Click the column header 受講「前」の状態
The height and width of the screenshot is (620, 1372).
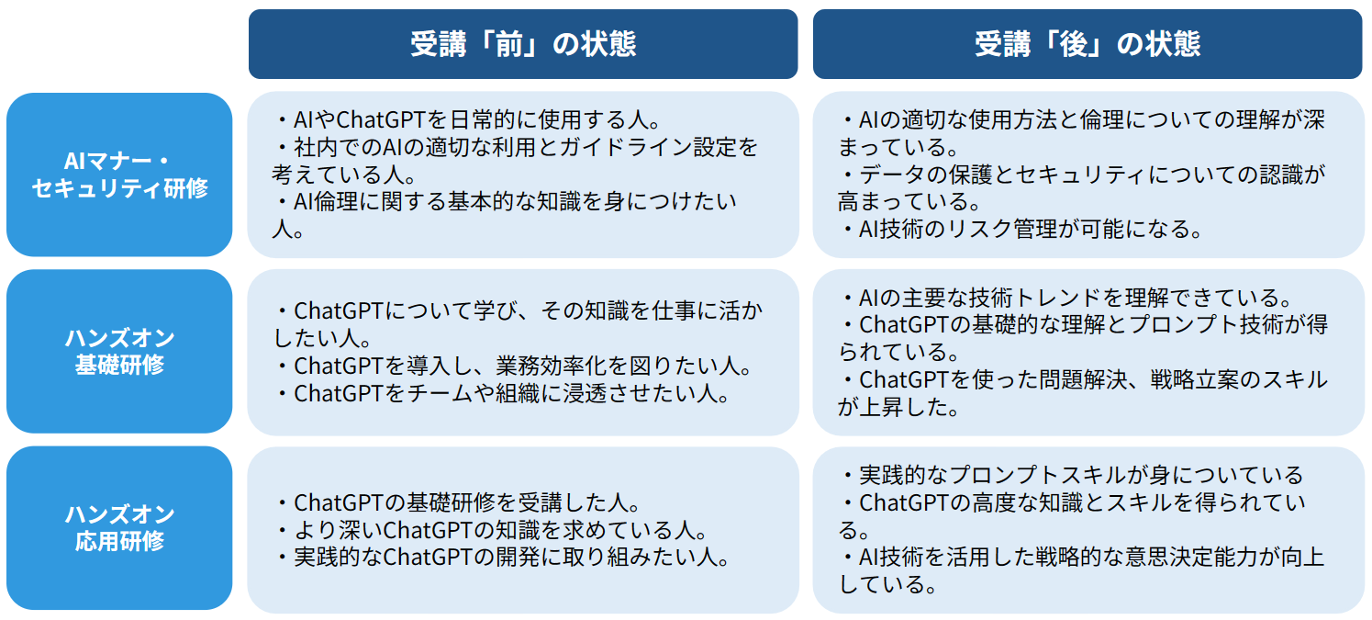(522, 44)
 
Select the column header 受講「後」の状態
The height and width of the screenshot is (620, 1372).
(1088, 44)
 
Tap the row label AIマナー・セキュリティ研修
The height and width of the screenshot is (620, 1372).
(119, 175)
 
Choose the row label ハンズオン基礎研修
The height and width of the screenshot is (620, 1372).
(119, 351)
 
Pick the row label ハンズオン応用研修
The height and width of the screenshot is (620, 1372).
(119, 527)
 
